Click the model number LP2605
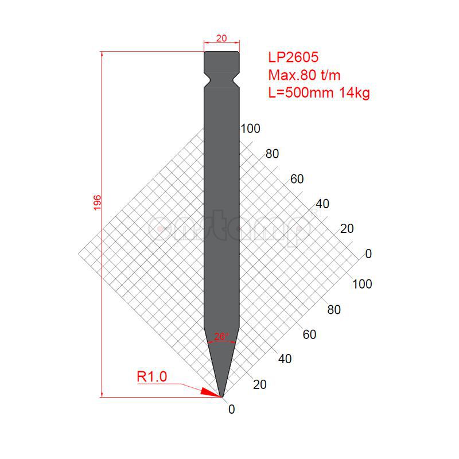coord(293,57)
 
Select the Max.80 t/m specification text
coord(307,75)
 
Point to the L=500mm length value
coord(300,92)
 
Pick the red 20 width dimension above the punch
coord(221,38)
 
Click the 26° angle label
coord(221,336)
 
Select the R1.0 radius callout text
coord(151,376)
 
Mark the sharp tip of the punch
coord(221,396)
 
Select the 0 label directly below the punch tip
coord(231,409)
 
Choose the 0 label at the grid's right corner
coord(368,254)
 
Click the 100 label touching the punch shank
coord(250,129)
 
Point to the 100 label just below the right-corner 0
coord(362,284)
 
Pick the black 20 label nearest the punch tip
coord(259,384)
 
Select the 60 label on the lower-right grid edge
coord(309,334)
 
